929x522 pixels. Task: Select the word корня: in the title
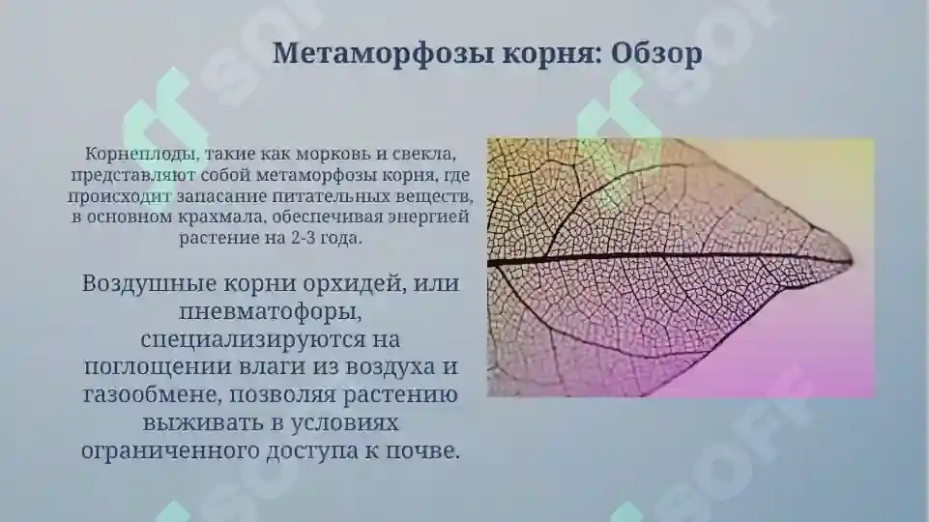551,54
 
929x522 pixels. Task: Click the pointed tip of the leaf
850,259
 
